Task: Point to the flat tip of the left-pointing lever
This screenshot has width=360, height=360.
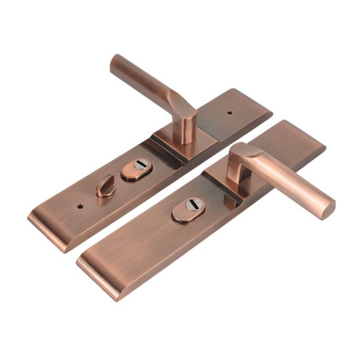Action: point(115,62)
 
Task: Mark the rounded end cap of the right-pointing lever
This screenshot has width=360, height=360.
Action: point(328,205)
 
